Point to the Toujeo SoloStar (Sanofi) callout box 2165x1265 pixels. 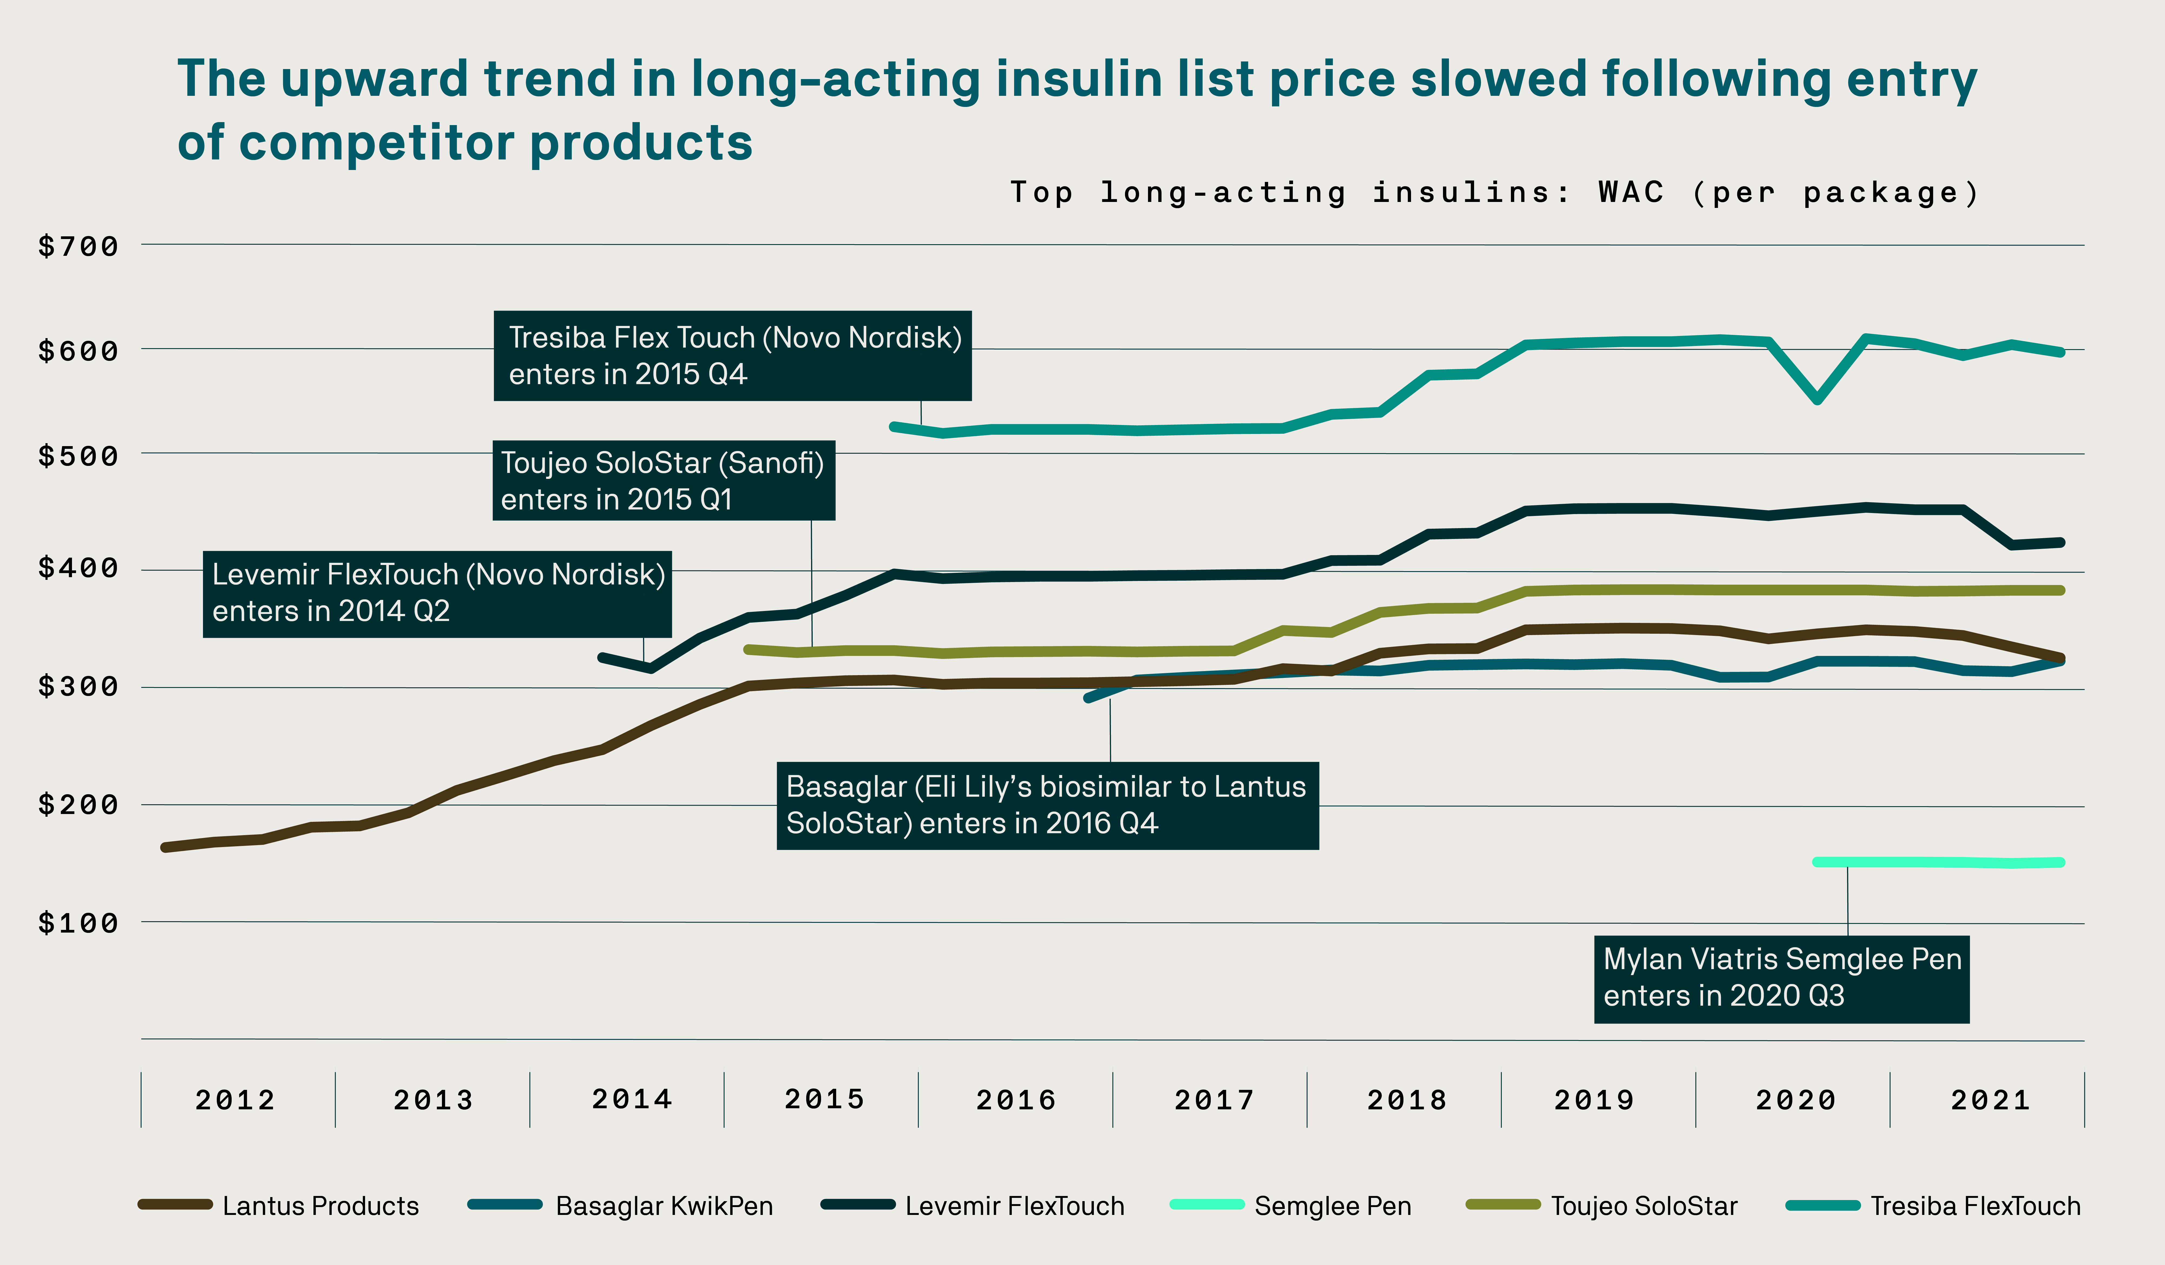coord(663,480)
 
